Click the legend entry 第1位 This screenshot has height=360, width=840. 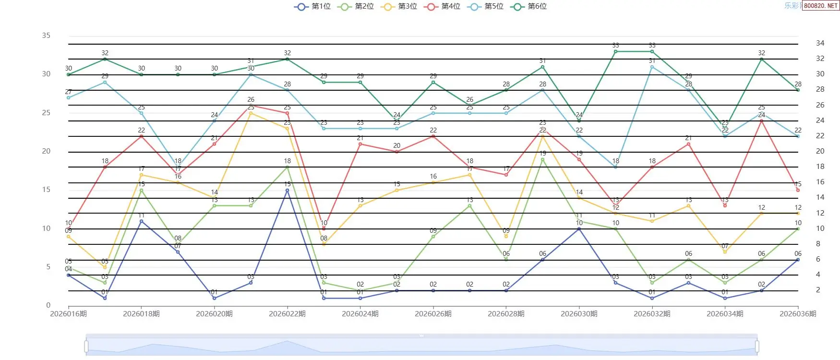click(x=313, y=6)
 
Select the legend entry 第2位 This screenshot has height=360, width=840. click(x=356, y=6)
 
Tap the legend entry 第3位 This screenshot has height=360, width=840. click(x=399, y=6)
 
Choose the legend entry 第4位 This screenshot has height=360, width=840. click(x=443, y=6)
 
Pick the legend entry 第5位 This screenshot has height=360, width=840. click(x=486, y=6)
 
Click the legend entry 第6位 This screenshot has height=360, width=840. click(x=529, y=6)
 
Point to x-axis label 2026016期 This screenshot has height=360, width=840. click(x=69, y=314)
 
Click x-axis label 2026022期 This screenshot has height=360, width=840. click(x=287, y=314)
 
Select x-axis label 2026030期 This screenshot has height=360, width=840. click(x=579, y=314)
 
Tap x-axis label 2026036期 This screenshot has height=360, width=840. click(x=797, y=314)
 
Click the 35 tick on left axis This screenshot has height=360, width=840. click(x=46, y=36)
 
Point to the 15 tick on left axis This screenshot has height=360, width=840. click(x=46, y=190)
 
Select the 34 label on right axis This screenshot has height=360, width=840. click(x=820, y=43)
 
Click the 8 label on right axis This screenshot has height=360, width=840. click(x=818, y=244)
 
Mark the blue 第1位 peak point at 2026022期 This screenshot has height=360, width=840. click(x=287, y=191)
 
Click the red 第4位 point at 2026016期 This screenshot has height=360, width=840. click(x=69, y=229)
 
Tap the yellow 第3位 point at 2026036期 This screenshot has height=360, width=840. click(x=798, y=213)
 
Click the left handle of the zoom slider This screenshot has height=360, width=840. click(x=86, y=346)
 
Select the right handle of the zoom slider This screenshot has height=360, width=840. click(x=757, y=346)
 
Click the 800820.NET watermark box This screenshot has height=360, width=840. click(x=820, y=6)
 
